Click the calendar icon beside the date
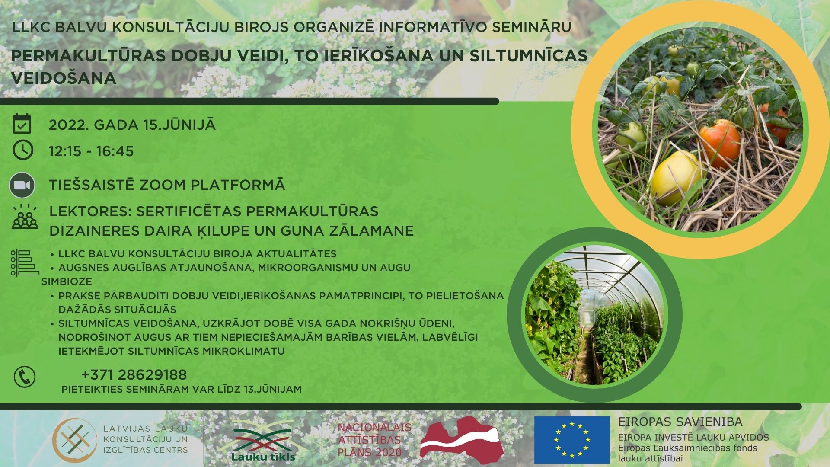pyautogui.click(x=22, y=124)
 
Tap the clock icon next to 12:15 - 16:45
pyautogui.click(x=23, y=150)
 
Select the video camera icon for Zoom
pyautogui.click(x=22, y=185)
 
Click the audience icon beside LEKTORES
pyautogui.click(x=25, y=217)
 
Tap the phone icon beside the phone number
pyautogui.click(x=25, y=377)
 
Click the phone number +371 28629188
pyautogui.click(x=134, y=374)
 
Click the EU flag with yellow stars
pyautogui.click(x=571, y=439)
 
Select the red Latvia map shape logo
pyautogui.click(x=460, y=438)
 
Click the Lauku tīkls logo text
pyautogui.click(x=263, y=456)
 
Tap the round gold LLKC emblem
pyautogui.click(x=74, y=441)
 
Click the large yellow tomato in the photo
pyautogui.click(x=676, y=177)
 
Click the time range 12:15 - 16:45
pyautogui.click(x=91, y=151)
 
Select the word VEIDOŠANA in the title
pyautogui.click(x=64, y=78)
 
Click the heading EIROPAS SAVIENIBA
pyautogui.click(x=680, y=422)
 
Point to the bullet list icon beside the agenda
pyautogui.click(x=25, y=263)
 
